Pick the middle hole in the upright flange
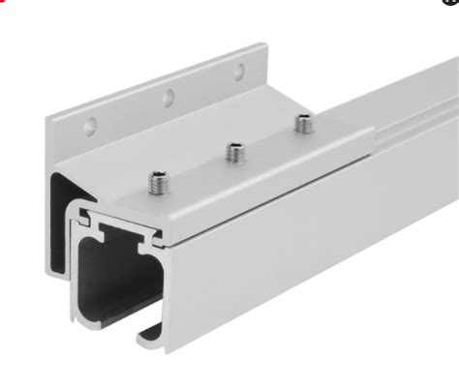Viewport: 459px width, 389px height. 168,97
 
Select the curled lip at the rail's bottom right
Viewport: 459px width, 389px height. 148,334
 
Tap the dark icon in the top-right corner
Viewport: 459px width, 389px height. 454,2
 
